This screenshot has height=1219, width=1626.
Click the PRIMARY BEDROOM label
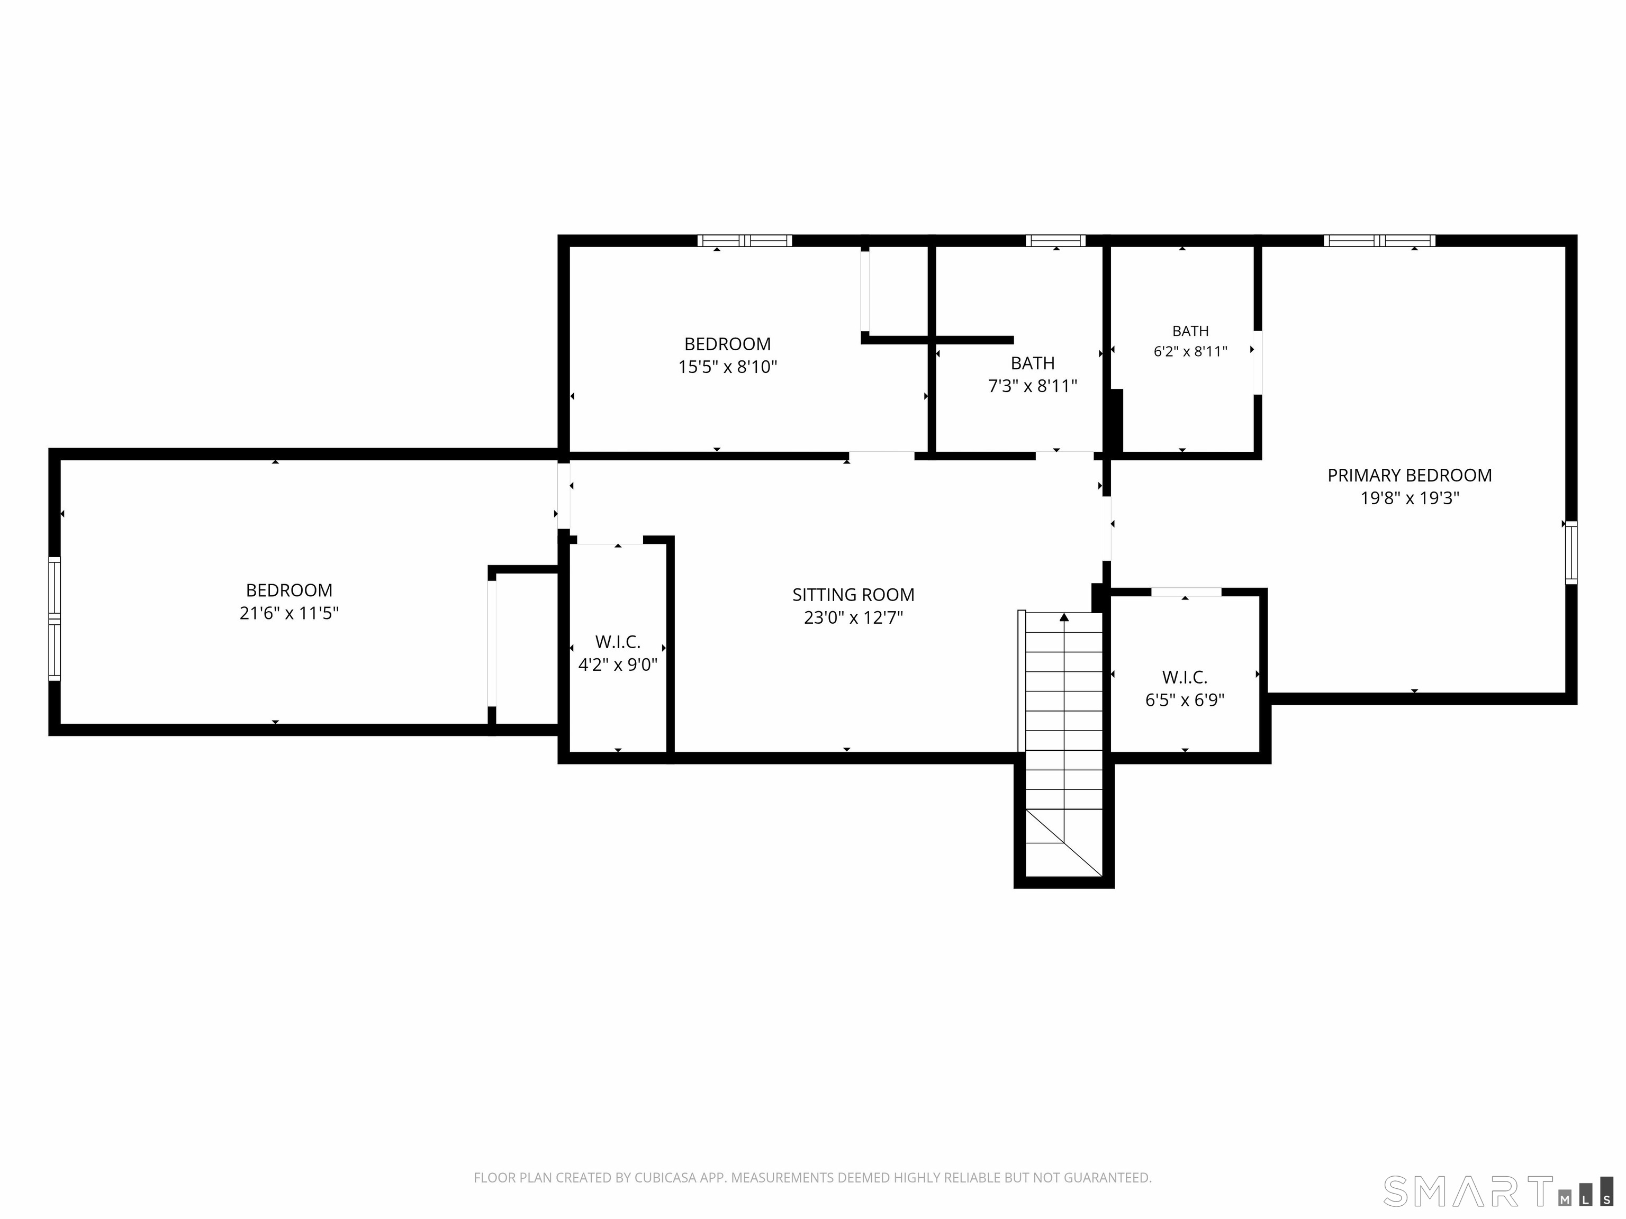pos(1409,476)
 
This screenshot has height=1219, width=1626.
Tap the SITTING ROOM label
pos(853,595)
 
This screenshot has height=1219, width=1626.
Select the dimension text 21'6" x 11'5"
pos(289,613)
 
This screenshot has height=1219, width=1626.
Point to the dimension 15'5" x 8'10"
pos(727,367)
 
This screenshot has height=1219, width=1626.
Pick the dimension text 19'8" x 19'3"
pos(1409,498)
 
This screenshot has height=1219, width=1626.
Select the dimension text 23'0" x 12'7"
pos(853,617)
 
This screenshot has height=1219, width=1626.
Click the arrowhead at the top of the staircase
pos(1064,617)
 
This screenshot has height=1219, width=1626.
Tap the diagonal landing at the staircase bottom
pos(1064,843)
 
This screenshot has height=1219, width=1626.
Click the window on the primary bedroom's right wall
pos(1571,552)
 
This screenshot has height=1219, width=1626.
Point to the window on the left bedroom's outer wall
pos(55,618)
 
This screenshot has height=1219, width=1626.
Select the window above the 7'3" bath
pos(1055,240)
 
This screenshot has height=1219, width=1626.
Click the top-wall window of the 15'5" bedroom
pos(745,240)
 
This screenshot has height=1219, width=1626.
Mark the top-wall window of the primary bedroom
pos(1379,240)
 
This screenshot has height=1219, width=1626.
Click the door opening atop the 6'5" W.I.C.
pos(1186,592)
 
